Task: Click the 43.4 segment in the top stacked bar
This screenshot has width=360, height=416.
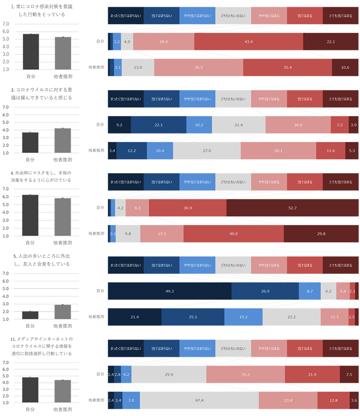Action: [x=248, y=41]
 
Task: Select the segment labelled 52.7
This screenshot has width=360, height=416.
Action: [x=292, y=208]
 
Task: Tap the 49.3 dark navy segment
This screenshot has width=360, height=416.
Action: [x=170, y=291]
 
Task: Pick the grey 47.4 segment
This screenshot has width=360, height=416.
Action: [x=199, y=400]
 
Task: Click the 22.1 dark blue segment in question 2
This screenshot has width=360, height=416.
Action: [x=158, y=125]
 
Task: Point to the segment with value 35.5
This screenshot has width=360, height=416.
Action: [x=198, y=67]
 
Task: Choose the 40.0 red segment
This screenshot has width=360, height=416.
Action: [x=234, y=234]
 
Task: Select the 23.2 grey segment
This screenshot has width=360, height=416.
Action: [x=292, y=317]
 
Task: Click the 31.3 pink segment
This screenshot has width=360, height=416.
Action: [x=246, y=374]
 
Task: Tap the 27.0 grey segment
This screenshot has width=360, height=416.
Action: [x=207, y=150]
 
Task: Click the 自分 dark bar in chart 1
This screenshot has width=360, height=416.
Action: [x=31, y=52]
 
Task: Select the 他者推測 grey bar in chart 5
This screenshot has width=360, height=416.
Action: [x=63, y=312]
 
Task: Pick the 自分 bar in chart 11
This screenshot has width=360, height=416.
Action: [x=30, y=390]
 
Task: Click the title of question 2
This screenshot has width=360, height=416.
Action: [x=41, y=94]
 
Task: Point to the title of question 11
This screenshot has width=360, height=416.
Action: [x=41, y=346]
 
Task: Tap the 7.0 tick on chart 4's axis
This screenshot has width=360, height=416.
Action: [x=5, y=189]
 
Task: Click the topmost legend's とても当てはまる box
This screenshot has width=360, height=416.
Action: [x=341, y=16]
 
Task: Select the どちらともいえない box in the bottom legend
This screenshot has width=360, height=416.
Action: [x=233, y=349]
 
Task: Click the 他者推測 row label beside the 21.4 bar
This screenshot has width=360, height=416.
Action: [x=96, y=317]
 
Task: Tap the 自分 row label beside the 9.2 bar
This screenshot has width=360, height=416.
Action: [x=100, y=125]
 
